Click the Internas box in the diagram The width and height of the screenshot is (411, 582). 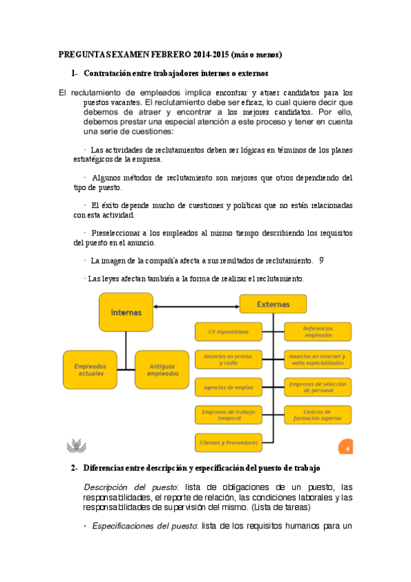tap(126, 312)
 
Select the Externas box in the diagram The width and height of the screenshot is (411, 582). tap(272, 304)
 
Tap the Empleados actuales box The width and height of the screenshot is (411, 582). tap(90, 370)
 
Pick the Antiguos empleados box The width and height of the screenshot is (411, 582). tap(162, 370)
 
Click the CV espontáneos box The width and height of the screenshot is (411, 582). tap(228, 331)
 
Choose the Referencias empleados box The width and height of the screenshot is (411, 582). tap(318, 331)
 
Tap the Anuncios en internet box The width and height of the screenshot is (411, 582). tap(318, 359)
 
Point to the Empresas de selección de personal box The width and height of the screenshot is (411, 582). tap(318, 387)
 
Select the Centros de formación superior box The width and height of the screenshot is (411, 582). tap(318, 415)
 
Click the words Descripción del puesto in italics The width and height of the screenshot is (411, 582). tap(127, 487)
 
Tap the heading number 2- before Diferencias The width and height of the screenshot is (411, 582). tap(74, 468)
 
